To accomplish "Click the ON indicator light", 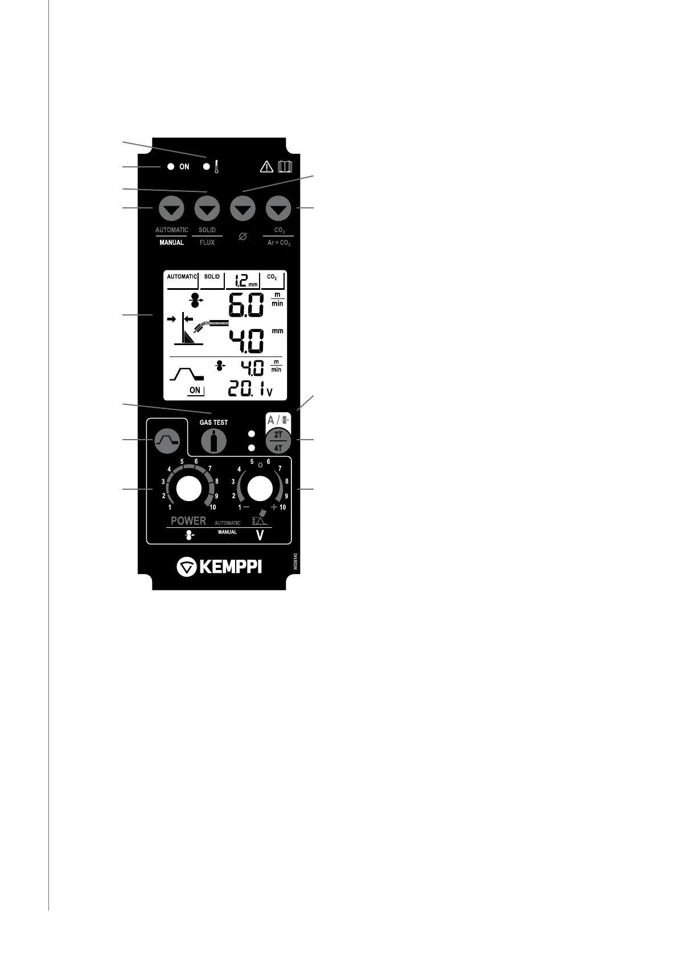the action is tap(170, 167).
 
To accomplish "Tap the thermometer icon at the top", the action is tap(217, 167).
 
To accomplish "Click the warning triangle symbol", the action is tap(266, 167).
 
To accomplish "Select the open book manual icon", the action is tap(285, 167).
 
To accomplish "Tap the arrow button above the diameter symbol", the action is tap(243, 210).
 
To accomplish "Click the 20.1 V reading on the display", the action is tap(245, 390).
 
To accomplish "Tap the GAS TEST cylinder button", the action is tap(213, 441).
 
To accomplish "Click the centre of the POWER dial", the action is tap(188, 489).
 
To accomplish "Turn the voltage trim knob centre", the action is tap(260, 489).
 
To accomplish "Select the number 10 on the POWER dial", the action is tap(212, 507).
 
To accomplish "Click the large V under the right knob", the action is tap(260, 535).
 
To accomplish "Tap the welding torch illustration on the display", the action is tap(209, 326).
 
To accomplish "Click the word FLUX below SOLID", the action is tap(207, 243).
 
